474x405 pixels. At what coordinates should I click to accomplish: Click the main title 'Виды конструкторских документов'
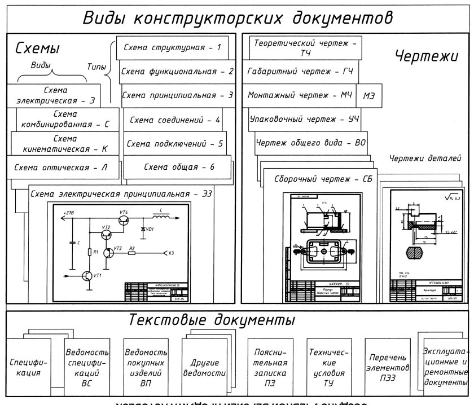tap(238, 17)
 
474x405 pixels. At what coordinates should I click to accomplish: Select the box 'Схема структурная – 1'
tap(172, 48)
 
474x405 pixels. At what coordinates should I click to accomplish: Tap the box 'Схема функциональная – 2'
tap(177, 72)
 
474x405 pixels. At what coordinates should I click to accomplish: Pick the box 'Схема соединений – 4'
tap(174, 120)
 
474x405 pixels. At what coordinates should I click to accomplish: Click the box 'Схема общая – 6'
tap(179, 167)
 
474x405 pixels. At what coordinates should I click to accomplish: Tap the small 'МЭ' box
tap(369, 96)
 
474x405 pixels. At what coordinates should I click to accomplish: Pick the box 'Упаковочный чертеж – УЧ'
tap(305, 120)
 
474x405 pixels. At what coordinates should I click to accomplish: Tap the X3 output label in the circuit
tap(171, 253)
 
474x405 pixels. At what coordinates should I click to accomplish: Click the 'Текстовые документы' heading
tap(212, 320)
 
